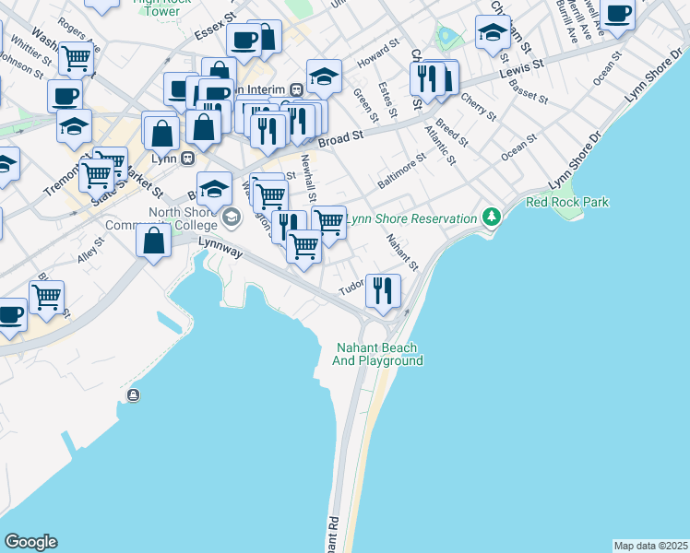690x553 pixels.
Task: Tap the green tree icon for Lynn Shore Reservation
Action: (493, 218)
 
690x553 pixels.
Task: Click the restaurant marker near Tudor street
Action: (383, 290)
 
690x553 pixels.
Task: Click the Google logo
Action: (30, 542)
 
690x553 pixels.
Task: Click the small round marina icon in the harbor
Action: (134, 396)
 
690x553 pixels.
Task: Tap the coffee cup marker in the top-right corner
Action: (618, 14)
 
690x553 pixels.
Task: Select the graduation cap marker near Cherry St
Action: (494, 33)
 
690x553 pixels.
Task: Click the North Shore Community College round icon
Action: (231, 219)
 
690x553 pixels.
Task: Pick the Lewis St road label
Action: (517, 71)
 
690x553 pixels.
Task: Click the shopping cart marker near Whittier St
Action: (76, 58)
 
